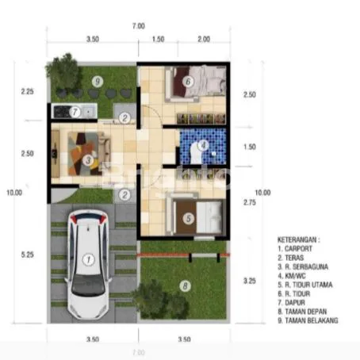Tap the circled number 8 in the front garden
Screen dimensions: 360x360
click(x=185, y=286)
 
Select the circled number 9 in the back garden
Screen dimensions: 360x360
click(x=96, y=80)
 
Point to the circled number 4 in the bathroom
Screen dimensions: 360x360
click(x=203, y=145)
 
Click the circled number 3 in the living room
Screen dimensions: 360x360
click(x=87, y=159)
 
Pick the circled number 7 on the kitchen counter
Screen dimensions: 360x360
click(x=75, y=112)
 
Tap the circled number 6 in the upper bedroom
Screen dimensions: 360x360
click(x=188, y=80)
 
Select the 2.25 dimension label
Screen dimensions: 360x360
click(x=27, y=92)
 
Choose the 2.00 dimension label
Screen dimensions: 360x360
click(x=203, y=38)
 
